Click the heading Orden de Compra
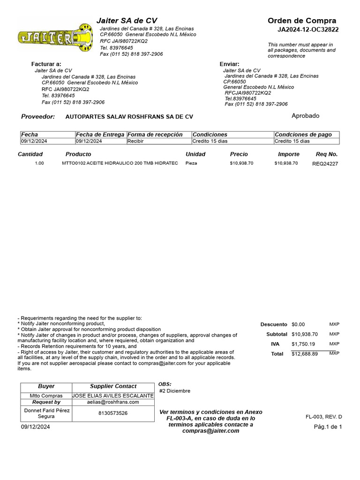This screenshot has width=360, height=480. click(301, 21)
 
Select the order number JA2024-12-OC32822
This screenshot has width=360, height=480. click(308, 30)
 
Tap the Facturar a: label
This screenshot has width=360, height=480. click(46, 64)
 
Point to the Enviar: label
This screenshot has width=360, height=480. click(229, 64)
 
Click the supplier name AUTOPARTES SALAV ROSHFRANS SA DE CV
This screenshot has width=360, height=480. click(129, 117)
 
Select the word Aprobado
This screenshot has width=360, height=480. click(305, 116)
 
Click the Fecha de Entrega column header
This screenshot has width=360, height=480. click(100, 135)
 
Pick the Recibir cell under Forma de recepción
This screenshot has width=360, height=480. click(135, 141)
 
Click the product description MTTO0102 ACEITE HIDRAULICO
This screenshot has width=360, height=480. click(120, 163)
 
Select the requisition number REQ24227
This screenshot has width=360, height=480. click(325, 164)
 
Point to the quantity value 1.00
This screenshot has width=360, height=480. click(39, 163)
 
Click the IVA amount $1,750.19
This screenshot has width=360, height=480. click(304, 344)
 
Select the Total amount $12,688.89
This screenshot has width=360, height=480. click(304, 354)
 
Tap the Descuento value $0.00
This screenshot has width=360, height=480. click(298, 324)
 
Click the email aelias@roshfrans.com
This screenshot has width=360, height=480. click(112, 402)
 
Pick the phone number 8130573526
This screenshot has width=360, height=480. click(112, 413)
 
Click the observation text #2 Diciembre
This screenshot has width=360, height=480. click(175, 391)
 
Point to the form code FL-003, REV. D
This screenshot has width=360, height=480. click(323, 417)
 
